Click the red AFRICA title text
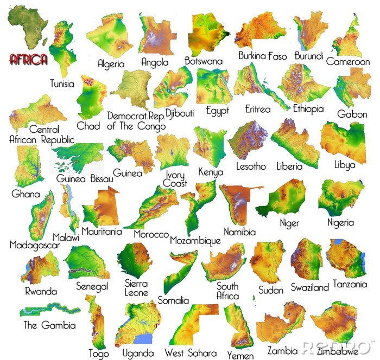coord(29,59)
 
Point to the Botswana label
coord(204,61)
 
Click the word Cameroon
coord(348,62)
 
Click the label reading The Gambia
coord(49,325)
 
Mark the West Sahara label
coord(190,353)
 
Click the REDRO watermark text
coord(337,347)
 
